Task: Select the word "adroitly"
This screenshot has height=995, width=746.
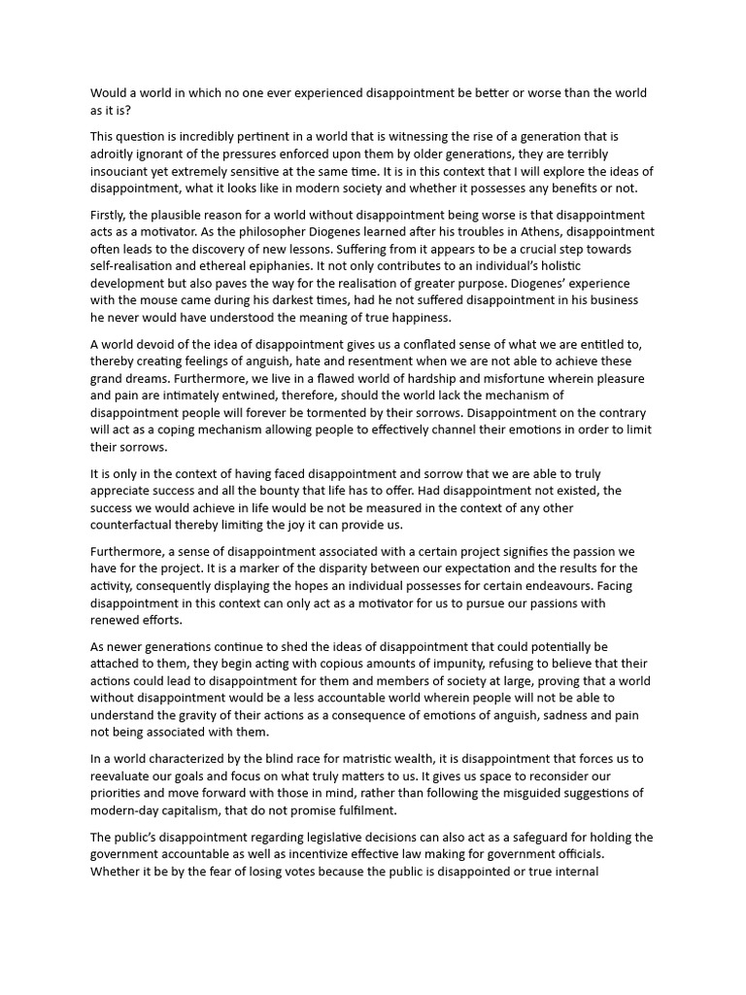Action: click(114, 154)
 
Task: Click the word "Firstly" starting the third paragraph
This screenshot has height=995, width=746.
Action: click(113, 215)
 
